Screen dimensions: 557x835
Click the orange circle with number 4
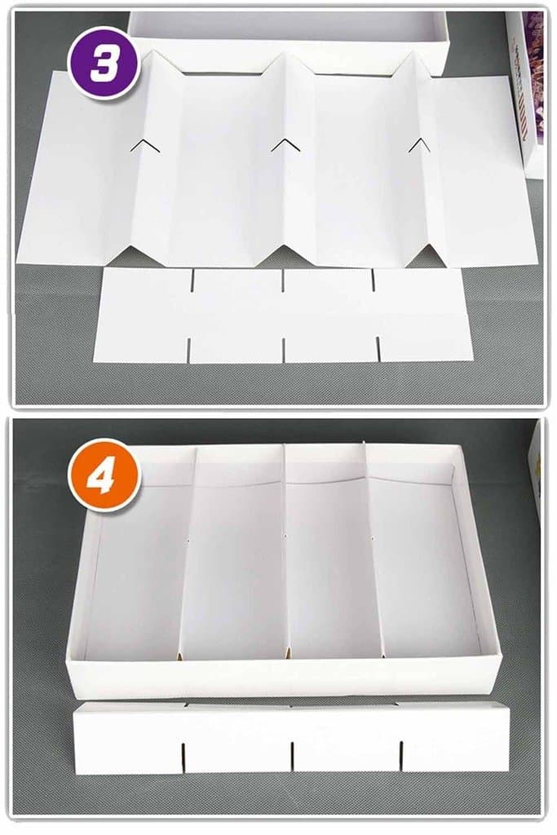(x=104, y=475)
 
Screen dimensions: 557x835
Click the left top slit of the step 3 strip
(x=193, y=281)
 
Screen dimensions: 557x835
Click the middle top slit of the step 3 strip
(x=283, y=281)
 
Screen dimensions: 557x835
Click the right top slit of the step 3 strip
(x=374, y=281)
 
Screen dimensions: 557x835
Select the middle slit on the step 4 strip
(x=292, y=756)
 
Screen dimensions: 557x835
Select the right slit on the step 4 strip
(x=401, y=754)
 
